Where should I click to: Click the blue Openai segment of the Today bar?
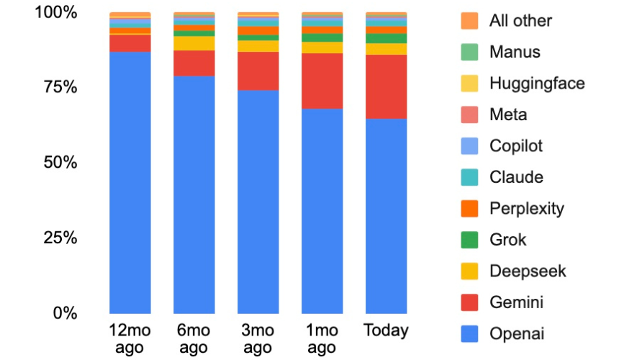386,216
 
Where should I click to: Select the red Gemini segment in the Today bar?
386,86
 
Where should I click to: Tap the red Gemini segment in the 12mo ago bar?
130,43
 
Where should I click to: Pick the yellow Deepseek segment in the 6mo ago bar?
194,43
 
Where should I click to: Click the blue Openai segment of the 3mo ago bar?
258,202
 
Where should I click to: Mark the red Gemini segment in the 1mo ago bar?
322,81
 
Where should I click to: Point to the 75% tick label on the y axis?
55,87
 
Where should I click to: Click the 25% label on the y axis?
55,238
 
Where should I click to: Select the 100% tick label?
51,12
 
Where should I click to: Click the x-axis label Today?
386,331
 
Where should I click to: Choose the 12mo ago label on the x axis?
130,339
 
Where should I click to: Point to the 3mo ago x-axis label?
258,339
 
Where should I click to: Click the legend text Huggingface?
537,83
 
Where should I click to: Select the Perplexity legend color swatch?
469,209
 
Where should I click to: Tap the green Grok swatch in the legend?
469,240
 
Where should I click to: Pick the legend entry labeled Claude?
516,177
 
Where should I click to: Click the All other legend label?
520,20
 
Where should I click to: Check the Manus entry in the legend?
514,52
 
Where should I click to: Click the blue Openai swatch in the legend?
469,334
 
